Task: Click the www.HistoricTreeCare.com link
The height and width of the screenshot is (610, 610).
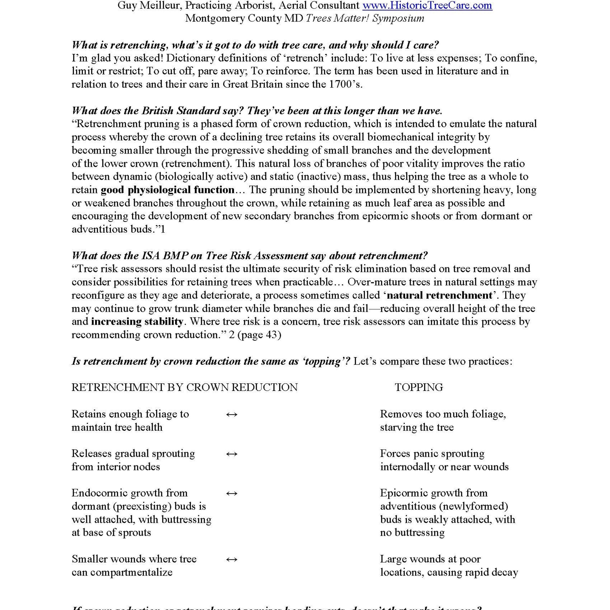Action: click(x=427, y=5)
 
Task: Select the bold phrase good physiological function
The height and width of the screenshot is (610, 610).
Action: click(x=167, y=190)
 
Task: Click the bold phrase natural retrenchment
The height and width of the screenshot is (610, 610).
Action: click(x=439, y=295)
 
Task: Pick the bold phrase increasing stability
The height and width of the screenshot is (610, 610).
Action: click(x=137, y=321)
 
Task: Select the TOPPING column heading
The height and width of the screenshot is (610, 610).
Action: click(x=419, y=387)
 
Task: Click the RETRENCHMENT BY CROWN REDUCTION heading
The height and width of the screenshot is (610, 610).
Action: click(x=184, y=387)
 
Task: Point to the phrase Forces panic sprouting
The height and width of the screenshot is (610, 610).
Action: click(x=432, y=453)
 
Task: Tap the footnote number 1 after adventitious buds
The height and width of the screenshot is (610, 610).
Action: click(x=163, y=229)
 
